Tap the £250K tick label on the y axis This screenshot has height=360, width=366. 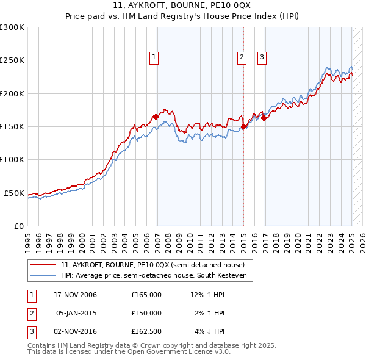pyautogui.click(x=12, y=60)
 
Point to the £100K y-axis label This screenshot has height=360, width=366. pyautogui.click(x=12, y=159)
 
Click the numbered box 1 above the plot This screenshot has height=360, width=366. pyautogui.click(x=154, y=58)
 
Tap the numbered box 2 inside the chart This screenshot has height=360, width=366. pyautogui.click(x=242, y=58)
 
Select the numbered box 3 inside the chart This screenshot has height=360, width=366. pyautogui.click(x=262, y=58)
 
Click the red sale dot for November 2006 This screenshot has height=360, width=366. pyautogui.click(x=156, y=117)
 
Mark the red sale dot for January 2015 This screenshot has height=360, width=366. pyautogui.click(x=244, y=126)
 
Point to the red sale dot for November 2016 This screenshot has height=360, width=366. pyautogui.click(x=264, y=118)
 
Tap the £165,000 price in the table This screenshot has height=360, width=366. pyautogui.click(x=146, y=295)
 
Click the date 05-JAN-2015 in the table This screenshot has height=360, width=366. pyautogui.click(x=76, y=313)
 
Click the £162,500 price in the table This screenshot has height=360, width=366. pyautogui.click(x=146, y=331)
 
